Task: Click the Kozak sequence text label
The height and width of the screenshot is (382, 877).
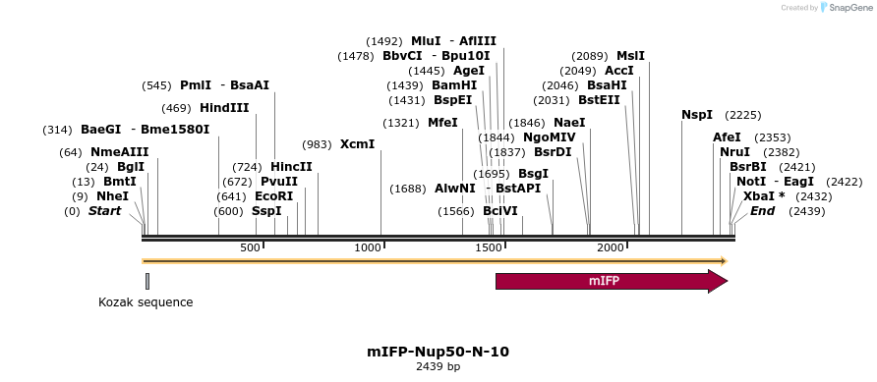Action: coord(146,302)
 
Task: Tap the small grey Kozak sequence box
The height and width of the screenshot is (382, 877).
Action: coord(147,282)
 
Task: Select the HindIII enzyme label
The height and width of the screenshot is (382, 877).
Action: coord(224,108)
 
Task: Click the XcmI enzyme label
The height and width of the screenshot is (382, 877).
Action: coord(357,144)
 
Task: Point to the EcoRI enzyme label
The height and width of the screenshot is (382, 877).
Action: coord(274,196)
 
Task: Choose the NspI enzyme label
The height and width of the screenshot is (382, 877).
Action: coord(697,115)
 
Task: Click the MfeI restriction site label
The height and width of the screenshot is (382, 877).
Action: coord(442,123)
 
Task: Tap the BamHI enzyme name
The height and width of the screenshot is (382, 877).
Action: coord(454,85)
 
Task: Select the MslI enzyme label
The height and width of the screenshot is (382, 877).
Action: coord(630,56)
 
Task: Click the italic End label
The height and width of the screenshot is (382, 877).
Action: coord(763,211)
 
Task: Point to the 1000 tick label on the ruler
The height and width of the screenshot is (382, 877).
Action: coord(368,247)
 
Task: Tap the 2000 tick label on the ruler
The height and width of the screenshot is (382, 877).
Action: coord(612,247)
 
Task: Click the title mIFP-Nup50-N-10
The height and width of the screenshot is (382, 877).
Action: coord(438,351)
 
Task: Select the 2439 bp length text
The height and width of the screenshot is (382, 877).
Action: coord(438,367)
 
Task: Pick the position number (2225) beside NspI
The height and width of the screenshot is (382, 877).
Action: coord(742,115)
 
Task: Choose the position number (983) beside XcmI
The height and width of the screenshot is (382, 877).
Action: coord(317,144)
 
